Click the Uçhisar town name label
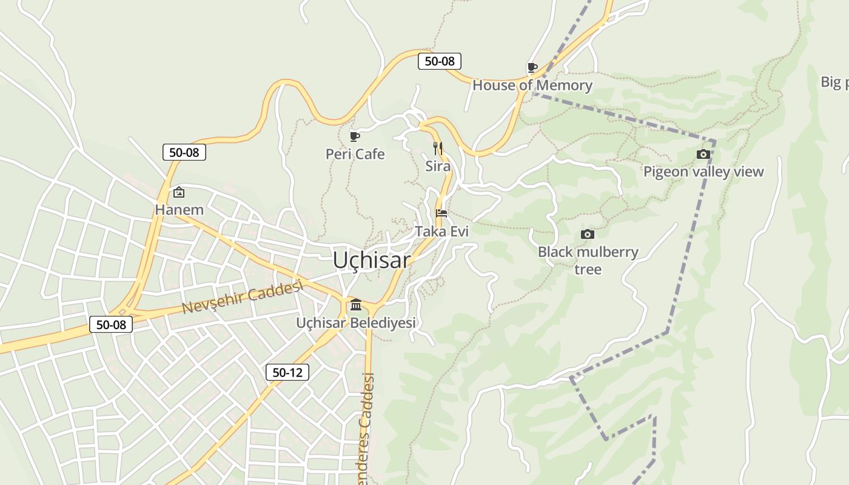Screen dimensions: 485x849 pyautogui.click(x=371, y=260)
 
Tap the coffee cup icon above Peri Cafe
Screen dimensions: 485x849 pyautogui.click(x=355, y=136)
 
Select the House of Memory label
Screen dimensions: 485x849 pyautogui.click(x=532, y=85)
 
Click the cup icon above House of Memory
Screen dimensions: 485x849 pyautogui.click(x=532, y=67)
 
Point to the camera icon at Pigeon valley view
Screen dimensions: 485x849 pyautogui.click(x=703, y=154)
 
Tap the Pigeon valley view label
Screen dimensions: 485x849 pyautogui.click(x=703, y=172)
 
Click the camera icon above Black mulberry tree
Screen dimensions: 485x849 pyautogui.click(x=587, y=234)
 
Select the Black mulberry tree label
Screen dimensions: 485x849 pyautogui.click(x=588, y=260)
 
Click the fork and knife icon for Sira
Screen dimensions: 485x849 pyautogui.click(x=438, y=147)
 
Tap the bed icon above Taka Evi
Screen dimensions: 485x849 pyautogui.click(x=441, y=213)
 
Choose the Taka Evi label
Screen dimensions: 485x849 pyautogui.click(x=441, y=231)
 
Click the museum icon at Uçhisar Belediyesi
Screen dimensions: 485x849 pyautogui.click(x=356, y=304)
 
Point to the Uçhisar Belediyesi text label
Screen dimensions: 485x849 pyautogui.click(x=356, y=323)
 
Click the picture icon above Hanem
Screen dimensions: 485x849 pyautogui.click(x=179, y=192)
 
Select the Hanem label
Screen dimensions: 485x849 pyautogui.click(x=179, y=210)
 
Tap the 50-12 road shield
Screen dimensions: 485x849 pyautogui.click(x=287, y=372)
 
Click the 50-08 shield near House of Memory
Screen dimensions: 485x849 pyautogui.click(x=440, y=61)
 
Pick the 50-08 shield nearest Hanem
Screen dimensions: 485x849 pyautogui.click(x=184, y=152)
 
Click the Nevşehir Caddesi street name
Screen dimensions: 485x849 pyautogui.click(x=242, y=297)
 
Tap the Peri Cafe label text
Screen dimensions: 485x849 pyautogui.click(x=355, y=154)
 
